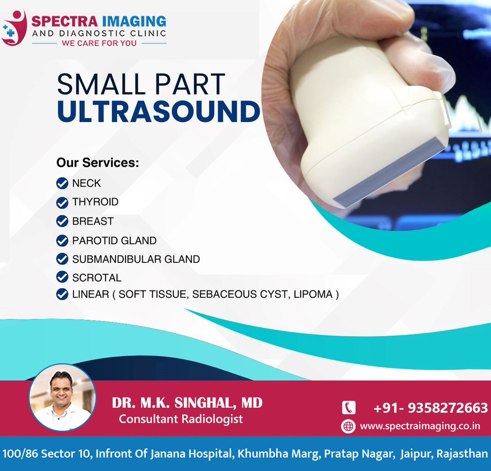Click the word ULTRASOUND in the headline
tap(159, 111)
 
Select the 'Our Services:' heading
tap(98, 162)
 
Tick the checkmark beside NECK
tap(62, 183)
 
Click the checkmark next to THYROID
tap(62, 202)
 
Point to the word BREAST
tap(93, 221)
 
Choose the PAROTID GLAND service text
tap(114, 241)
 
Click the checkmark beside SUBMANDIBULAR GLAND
tap(62, 259)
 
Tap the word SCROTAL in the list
tap(97, 278)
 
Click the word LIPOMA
tap(313, 294)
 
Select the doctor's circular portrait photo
tap(62, 397)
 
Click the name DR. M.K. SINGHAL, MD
tap(187, 403)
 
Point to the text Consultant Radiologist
tap(181, 419)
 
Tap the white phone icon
tap(349, 408)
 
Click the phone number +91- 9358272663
tap(430, 408)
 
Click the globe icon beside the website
tap(348, 426)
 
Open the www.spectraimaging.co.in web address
tap(420, 426)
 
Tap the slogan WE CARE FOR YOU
tap(99, 43)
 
